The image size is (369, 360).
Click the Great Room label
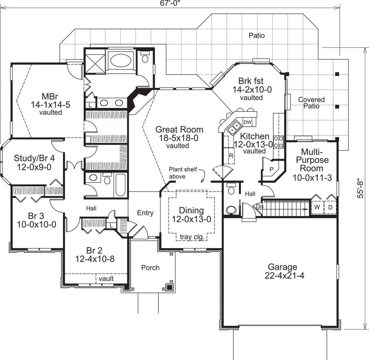pyautogui.click(x=179, y=129)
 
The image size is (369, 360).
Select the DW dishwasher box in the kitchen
pyautogui.click(x=247, y=122)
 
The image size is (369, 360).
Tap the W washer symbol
pyautogui.click(x=317, y=207)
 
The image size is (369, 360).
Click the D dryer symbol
pyautogui.click(x=330, y=207)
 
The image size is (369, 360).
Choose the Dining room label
pyautogui.click(x=191, y=211)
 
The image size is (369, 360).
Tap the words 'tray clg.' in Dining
pyautogui.click(x=192, y=237)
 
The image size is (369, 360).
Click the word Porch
pyautogui.click(x=150, y=267)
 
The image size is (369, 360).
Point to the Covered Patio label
pyautogui.click(x=311, y=103)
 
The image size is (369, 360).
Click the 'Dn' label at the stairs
pyautogui.click(x=259, y=207)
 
